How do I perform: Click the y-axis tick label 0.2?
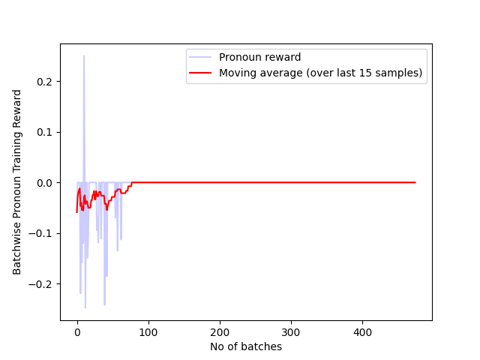[x=44, y=82]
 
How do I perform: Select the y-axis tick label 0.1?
[x=44, y=132]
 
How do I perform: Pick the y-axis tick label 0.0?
[x=44, y=183]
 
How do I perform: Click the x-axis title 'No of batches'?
[x=246, y=346]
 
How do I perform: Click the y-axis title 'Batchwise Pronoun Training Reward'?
[x=17, y=182]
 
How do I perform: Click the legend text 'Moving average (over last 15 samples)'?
[x=320, y=73]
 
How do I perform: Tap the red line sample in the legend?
[x=201, y=73]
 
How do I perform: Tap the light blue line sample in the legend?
[x=201, y=58]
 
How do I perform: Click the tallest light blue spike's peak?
[x=84, y=55]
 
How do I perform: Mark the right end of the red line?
[x=415, y=182]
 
